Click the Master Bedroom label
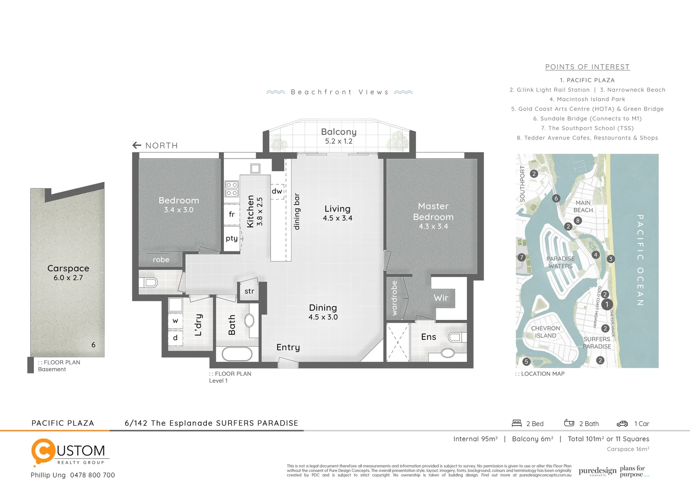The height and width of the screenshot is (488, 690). tap(433, 211)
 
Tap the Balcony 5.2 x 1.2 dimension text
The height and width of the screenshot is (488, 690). tap(339, 141)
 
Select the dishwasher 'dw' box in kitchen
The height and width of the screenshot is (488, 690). tap(277, 191)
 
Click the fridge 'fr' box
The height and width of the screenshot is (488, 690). tap(232, 214)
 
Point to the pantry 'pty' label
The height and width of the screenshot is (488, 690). tap(232, 238)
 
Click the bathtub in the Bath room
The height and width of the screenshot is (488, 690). tap(237, 354)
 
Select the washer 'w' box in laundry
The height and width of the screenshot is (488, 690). tap(175, 321)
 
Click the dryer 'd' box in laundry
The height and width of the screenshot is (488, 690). tap(175, 338)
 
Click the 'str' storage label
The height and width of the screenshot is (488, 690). tap(249, 291)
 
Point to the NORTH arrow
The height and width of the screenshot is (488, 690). tap(137, 145)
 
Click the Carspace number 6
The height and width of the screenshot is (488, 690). tap(93, 345)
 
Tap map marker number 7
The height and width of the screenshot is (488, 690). tap(522, 258)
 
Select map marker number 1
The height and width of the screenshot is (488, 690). tap(607, 305)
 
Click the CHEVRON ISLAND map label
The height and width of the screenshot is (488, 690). tap(545, 332)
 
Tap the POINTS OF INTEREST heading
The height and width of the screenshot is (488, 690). tap(587, 67)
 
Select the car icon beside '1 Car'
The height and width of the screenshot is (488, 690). tap(622, 424)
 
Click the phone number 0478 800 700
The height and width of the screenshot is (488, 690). tap(93, 475)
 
